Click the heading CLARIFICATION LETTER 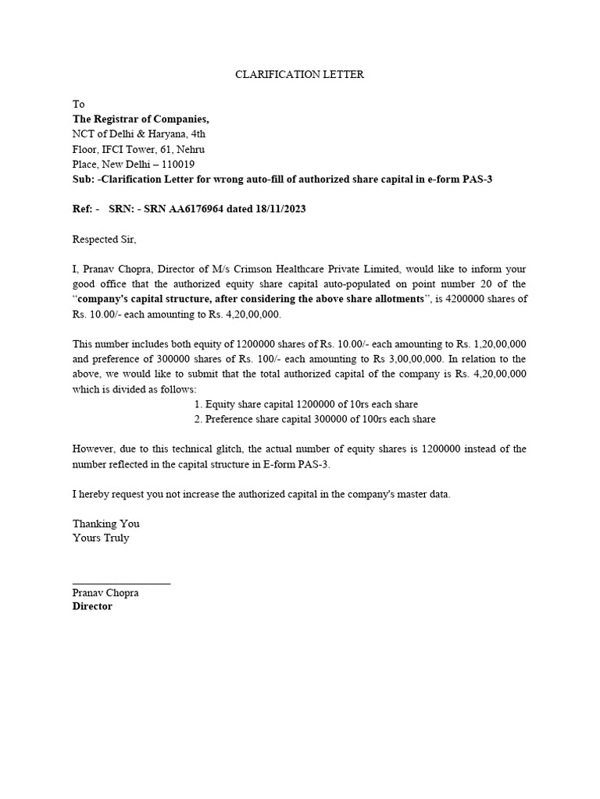[300, 75]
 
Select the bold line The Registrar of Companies [141, 119]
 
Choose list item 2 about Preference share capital [314, 419]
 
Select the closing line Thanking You [106, 524]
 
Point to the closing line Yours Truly [101, 538]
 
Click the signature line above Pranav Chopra [121, 584]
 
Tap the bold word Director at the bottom [92, 606]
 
